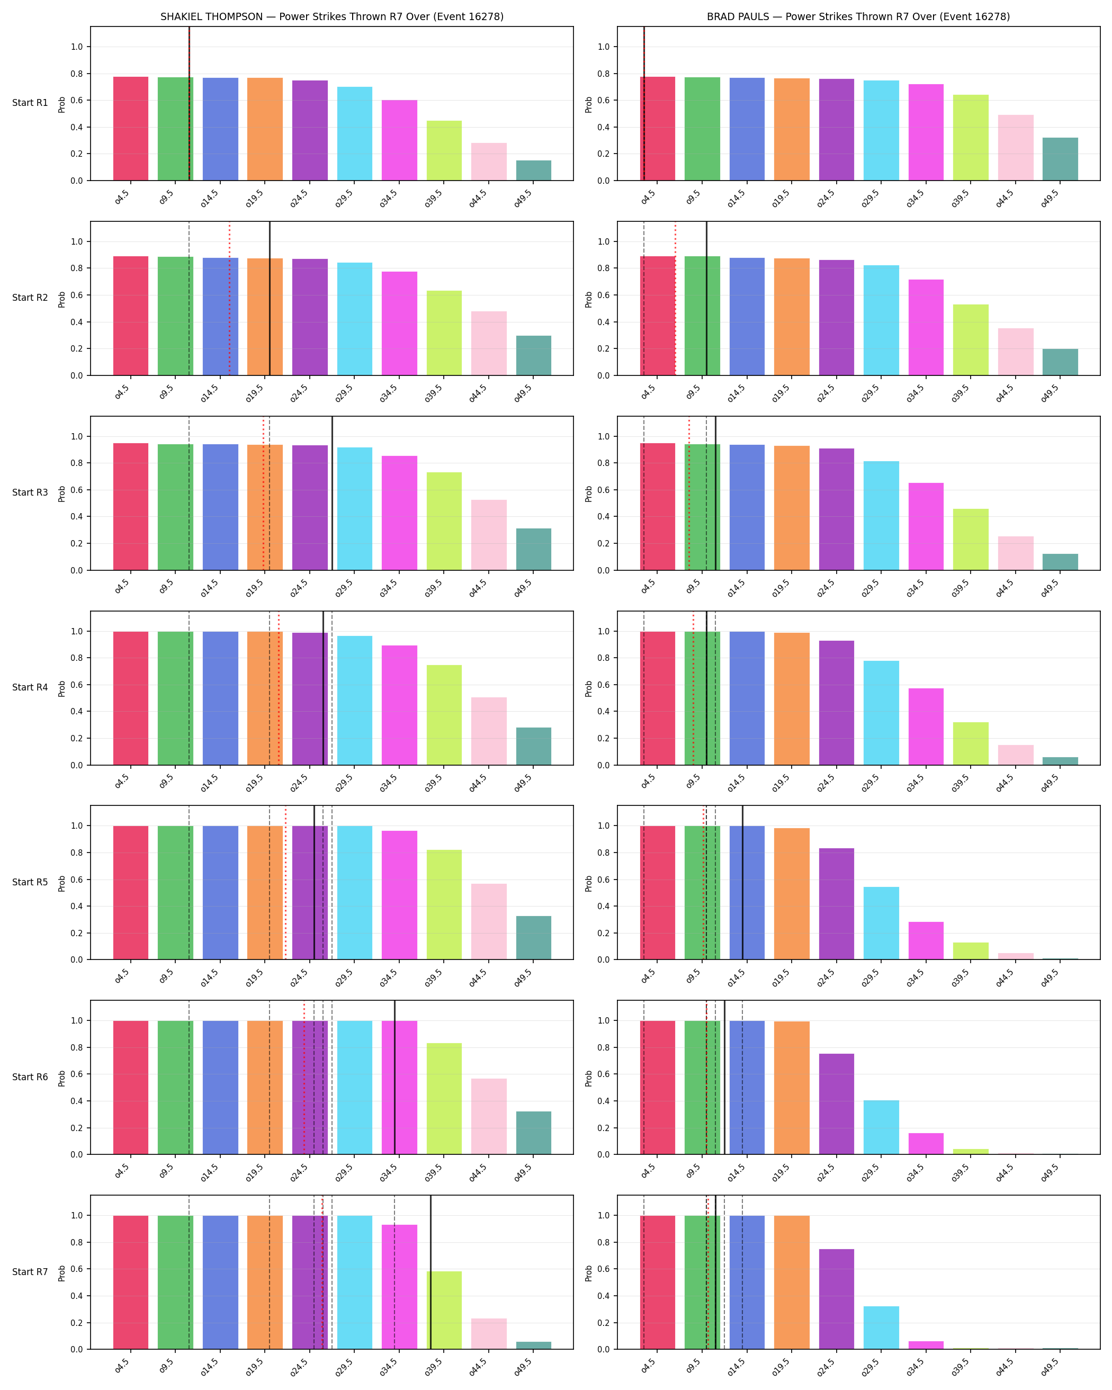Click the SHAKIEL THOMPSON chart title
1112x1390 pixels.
332,17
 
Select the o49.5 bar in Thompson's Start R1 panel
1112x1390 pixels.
534,170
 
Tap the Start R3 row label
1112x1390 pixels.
30,492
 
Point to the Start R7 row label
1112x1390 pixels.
30,1272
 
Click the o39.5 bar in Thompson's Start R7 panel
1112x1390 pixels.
444,1311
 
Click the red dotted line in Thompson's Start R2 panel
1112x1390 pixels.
229,299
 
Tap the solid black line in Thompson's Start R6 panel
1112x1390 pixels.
394,1077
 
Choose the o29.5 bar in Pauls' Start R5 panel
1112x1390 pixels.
881,923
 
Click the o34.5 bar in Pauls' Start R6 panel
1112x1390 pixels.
926,1144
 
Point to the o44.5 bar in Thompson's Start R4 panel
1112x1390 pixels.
489,731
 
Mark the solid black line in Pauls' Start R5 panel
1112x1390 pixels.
742,883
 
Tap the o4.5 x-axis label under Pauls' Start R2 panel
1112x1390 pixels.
648,392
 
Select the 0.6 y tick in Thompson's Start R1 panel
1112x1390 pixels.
77,101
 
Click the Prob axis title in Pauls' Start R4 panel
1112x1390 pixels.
588,688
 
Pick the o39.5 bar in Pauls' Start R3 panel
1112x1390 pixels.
971,540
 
